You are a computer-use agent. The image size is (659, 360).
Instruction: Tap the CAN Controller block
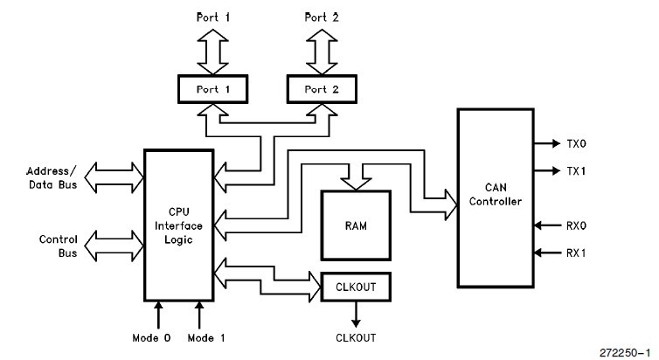tap(494, 196)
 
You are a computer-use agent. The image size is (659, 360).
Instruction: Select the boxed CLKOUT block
tap(356, 286)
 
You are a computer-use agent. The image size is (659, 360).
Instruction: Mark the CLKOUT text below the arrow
tap(356, 337)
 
